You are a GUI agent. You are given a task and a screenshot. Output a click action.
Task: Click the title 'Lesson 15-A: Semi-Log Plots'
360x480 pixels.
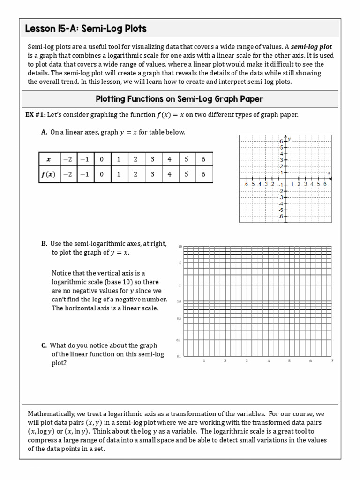(x=86, y=29)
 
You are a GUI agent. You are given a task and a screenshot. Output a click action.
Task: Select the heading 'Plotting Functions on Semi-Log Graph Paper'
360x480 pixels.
(x=180, y=99)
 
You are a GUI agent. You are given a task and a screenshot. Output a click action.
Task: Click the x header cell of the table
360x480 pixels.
(x=48, y=159)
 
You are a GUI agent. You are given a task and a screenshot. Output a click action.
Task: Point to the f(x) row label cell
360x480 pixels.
(x=48, y=174)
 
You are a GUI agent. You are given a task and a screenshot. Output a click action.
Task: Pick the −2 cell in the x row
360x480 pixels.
(x=68, y=159)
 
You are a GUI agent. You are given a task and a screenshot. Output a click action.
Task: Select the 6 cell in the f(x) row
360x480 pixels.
(x=203, y=174)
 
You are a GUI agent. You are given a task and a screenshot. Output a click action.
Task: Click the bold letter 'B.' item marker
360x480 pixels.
(x=45, y=244)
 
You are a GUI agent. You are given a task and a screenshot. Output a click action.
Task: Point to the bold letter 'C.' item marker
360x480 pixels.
(x=44, y=345)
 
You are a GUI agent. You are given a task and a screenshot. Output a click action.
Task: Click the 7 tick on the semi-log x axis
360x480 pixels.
(x=332, y=361)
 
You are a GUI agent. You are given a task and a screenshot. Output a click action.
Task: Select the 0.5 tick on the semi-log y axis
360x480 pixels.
(x=179, y=319)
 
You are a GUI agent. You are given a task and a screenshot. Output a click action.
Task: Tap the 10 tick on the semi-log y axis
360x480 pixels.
(x=180, y=247)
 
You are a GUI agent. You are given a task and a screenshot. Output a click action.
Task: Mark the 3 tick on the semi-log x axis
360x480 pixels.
(x=247, y=361)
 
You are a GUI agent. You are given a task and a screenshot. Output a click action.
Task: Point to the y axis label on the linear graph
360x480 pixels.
(x=290, y=139)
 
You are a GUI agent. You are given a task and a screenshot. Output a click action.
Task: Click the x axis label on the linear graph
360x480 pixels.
(x=329, y=173)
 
